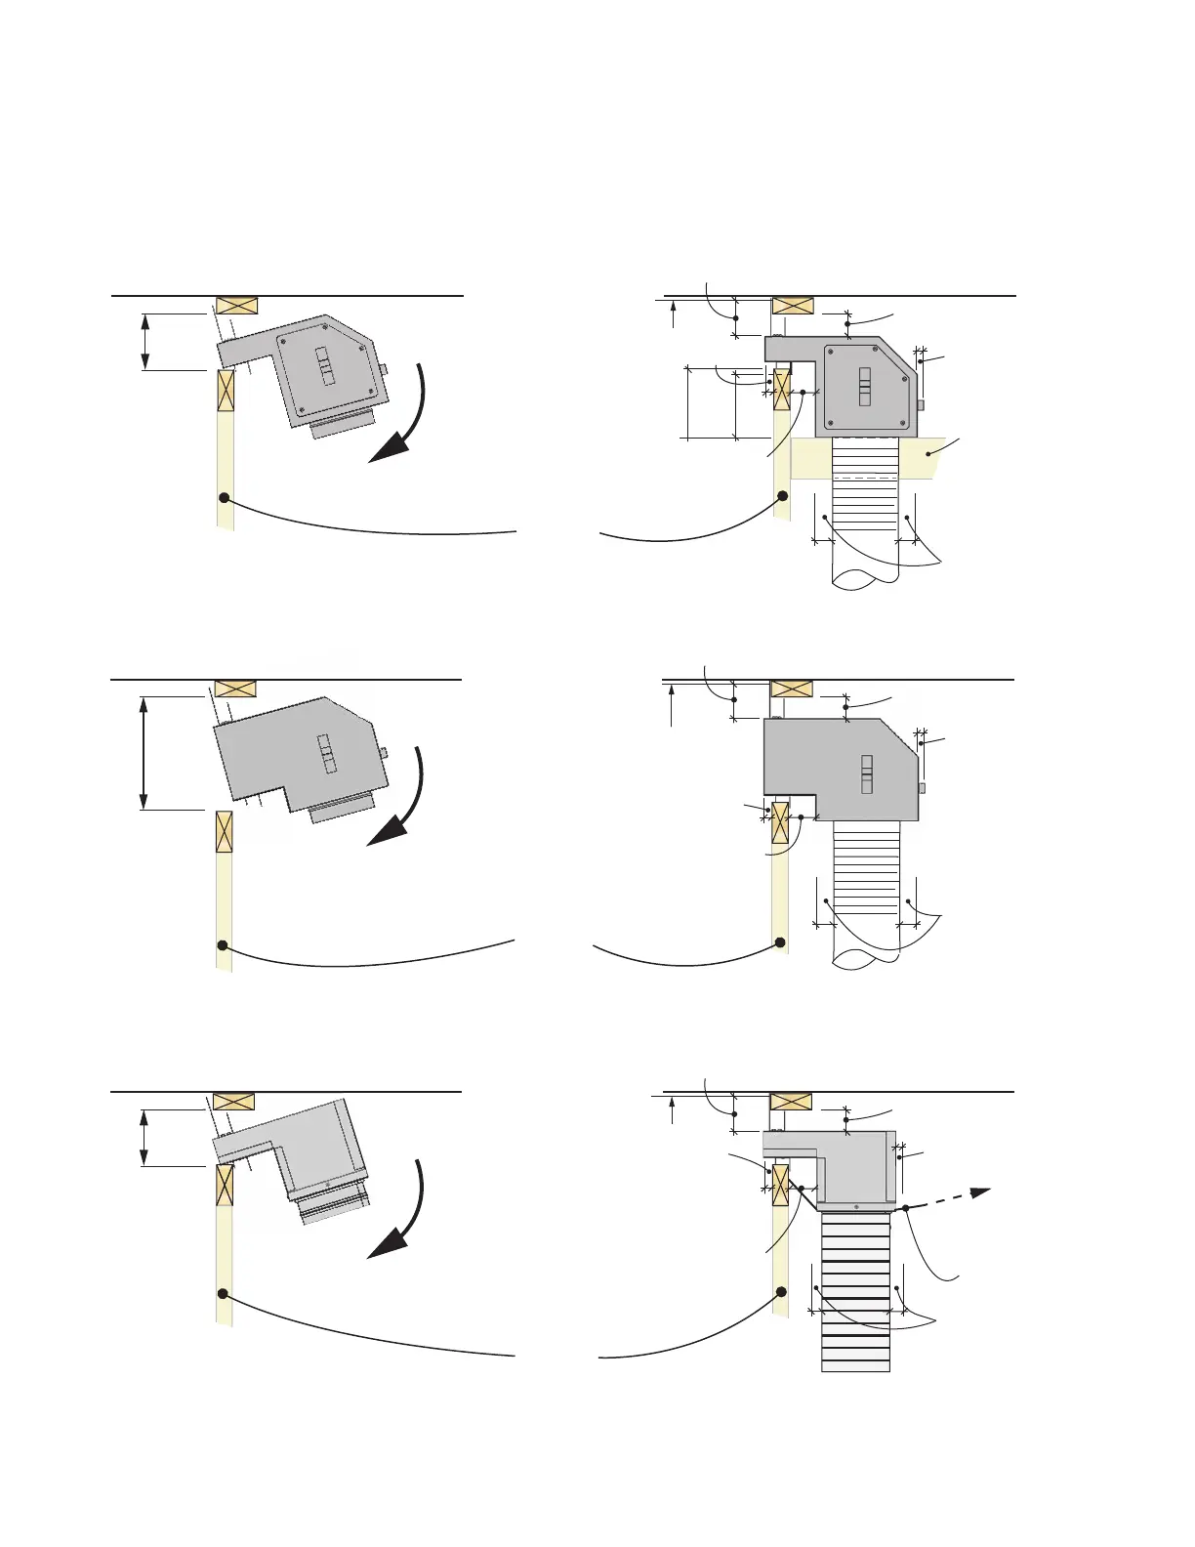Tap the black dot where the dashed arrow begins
906,1209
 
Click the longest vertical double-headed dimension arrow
144,753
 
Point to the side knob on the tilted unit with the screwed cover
384,368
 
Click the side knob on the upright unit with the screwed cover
920,404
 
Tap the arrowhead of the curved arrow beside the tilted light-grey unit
385,1245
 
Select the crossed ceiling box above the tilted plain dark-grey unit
234,688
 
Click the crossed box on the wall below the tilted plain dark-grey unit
224,831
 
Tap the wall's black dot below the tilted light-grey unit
223,1293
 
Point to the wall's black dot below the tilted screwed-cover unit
224,498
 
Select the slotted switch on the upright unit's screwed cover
864,386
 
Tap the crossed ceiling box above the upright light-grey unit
791,1102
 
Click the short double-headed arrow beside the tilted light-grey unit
144,1138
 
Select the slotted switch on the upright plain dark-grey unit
866,774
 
